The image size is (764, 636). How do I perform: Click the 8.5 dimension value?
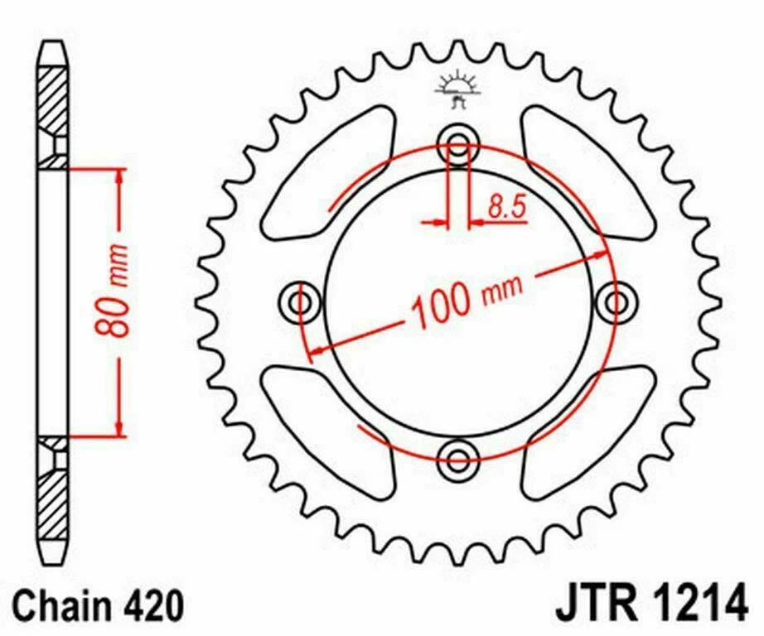(x=506, y=208)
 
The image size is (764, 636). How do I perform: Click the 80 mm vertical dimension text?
(x=119, y=290)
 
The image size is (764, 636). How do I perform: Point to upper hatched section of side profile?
(x=52, y=100)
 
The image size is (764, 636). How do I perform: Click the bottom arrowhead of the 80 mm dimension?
(x=121, y=429)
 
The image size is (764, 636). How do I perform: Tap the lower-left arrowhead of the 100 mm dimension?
(x=313, y=354)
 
